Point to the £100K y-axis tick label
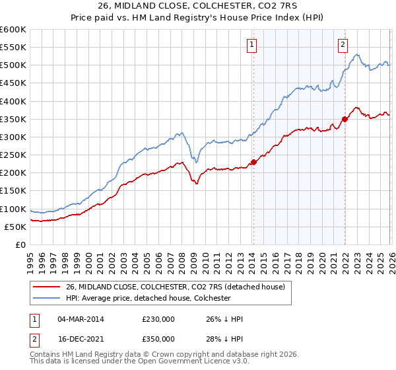[13, 209]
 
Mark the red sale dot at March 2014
[253, 163]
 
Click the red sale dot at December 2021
[345, 119]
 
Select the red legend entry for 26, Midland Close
[174, 287]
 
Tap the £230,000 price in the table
[158, 319]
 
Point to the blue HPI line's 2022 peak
[356, 55]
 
